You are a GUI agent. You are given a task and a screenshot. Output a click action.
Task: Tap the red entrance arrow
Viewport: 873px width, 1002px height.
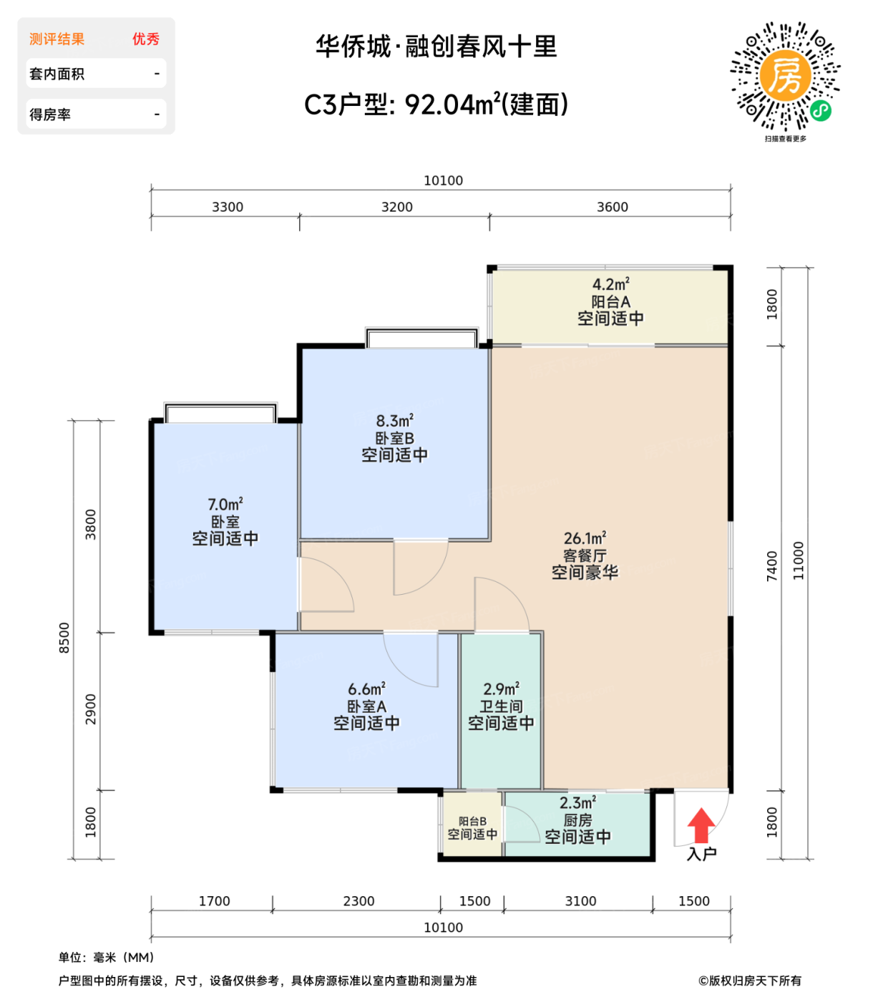pos(701,825)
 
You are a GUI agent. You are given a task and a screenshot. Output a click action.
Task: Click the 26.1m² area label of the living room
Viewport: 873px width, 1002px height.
pos(585,538)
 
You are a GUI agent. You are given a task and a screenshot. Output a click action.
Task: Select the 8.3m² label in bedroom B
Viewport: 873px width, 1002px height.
pos(394,421)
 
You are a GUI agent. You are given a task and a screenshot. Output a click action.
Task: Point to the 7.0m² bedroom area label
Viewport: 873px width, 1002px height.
pos(225,505)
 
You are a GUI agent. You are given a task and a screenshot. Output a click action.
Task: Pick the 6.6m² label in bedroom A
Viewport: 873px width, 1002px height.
pos(366,689)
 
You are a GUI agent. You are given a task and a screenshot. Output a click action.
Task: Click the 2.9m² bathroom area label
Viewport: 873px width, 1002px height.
pos(501,689)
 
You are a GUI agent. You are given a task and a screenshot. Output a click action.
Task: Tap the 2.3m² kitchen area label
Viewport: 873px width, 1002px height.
pos(577,803)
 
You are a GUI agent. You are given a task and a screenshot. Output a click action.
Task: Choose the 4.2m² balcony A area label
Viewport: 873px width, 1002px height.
pos(610,284)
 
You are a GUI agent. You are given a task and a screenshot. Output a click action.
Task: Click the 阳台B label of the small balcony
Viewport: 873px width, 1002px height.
pos(472,822)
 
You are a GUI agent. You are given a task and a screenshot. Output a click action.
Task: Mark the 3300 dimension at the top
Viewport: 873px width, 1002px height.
pos(228,207)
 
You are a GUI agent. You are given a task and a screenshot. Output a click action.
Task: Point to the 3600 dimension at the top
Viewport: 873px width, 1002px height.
pos(613,207)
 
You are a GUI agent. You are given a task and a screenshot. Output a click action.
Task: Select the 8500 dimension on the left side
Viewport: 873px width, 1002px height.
pos(64,637)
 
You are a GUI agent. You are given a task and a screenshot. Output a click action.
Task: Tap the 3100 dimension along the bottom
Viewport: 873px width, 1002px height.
pos(580,901)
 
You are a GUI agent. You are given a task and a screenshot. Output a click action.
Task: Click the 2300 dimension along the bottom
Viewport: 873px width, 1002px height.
pos(359,901)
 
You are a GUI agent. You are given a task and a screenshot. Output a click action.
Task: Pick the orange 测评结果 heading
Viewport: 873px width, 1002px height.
pos(57,39)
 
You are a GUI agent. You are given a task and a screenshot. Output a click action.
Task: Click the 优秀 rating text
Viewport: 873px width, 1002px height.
pos(145,39)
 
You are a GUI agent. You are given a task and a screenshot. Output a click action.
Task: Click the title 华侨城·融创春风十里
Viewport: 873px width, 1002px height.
pos(436,47)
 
